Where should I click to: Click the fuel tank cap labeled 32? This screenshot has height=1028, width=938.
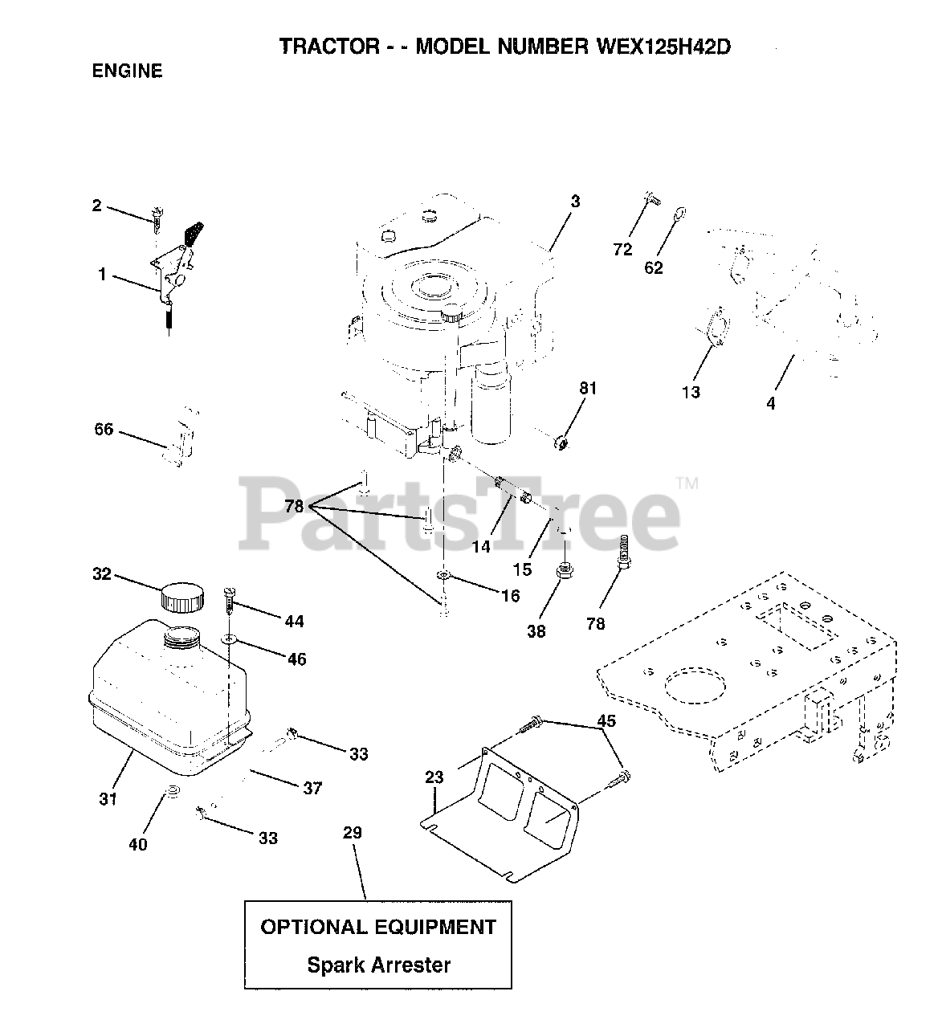pos(181,597)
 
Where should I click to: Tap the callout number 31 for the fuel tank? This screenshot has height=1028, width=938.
pos(108,798)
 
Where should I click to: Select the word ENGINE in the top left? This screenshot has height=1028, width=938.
pos(128,71)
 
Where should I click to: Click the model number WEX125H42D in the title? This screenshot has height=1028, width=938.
pos(664,47)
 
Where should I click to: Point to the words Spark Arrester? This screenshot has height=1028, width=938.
pos(378,964)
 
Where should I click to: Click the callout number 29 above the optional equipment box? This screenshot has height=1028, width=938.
pos(353,833)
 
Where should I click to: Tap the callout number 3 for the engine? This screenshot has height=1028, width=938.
pos(575,202)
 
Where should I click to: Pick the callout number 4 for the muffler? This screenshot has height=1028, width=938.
pos(771,404)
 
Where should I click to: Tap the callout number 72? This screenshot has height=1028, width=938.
pos(622,250)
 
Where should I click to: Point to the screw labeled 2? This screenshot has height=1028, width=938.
pos(157,217)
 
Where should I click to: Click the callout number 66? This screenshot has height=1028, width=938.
pos(104,431)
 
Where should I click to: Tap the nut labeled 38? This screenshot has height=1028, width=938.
pos(563,574)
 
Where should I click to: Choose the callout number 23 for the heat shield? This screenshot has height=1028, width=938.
pos(434,777)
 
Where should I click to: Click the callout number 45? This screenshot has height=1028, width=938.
pos(606,721)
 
